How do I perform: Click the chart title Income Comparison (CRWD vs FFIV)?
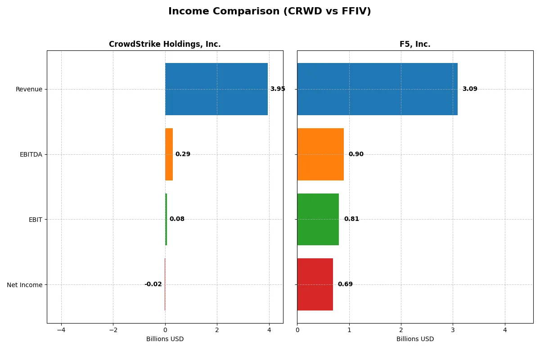pyautogui.click(x=270, y=11)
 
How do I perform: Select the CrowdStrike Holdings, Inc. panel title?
pyautogui.click(x=165, y=44)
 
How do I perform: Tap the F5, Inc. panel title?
pyautogui.click(x=415, y=44)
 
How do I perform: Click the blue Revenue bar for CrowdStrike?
pyautogui.click(x=216, y=89)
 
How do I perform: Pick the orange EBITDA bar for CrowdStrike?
pyautogui.click(x=169, y=154)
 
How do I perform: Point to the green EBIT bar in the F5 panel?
pyautogui.click(x=318, y=219)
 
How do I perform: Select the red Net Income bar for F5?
pyautogui.click(x=315, y=284)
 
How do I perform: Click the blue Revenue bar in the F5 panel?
pyautogui.click(x=377, y=89)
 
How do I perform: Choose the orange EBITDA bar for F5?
pyautogui.click(x=320, y=154)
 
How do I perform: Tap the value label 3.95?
pyautogui.click(x=278, y=89)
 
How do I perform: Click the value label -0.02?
pyautogui.click(x=153, y=284)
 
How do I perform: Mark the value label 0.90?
pyautogui.click(x=356, y=154)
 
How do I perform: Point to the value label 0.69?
pyautogui.click(x=345, y=284)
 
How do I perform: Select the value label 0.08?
pyautogui.click(x=177, y=219)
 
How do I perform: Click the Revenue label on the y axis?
pyautogui.click(x=29, y=89)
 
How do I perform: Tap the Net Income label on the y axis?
pyautogui.click(x=25, y=284)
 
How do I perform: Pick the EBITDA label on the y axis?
pyautogui.click(x=31, y=154)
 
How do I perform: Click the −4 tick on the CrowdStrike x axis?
pyautogui.click(x=61, y=330)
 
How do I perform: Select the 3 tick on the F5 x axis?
pyautogui.click(x=453, y=330)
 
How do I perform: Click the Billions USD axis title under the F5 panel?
pyautogui.click(x=415, y=339)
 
